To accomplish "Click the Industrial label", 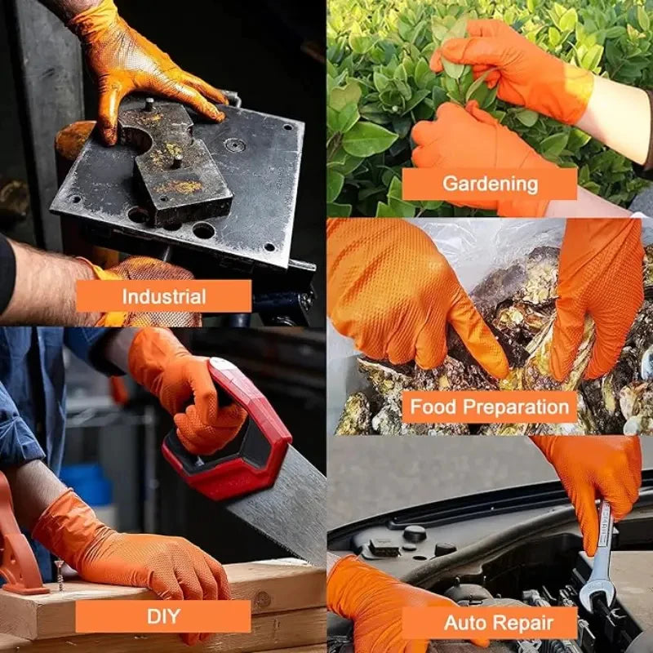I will (163, 295).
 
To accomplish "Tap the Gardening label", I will (489, 184).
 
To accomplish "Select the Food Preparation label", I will (489, 406).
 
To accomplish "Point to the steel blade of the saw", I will (286, 506).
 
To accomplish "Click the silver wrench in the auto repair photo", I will (600, 555).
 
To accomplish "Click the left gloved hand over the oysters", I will (408, 294).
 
